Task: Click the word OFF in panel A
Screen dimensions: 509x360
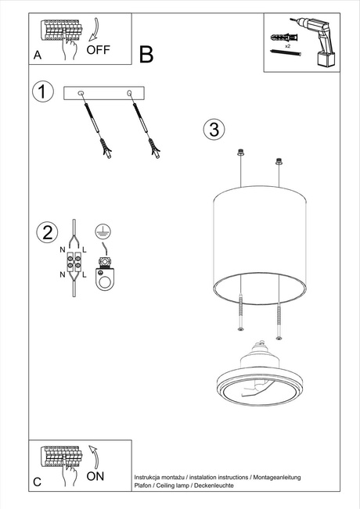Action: (98, 49)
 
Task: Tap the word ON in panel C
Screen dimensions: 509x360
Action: (95, 475)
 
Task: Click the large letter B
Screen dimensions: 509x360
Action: (146, 54)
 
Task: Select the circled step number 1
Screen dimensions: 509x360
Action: (43, 91)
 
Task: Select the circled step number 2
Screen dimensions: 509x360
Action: (48, 232)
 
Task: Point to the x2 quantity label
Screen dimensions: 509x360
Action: (288, 47)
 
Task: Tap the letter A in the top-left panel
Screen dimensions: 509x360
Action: (38, 55)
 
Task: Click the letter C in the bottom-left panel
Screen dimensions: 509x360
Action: (38, 481)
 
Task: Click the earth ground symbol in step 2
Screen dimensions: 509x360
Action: (100, 230)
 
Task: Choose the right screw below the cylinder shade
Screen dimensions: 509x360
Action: (278, 321)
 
